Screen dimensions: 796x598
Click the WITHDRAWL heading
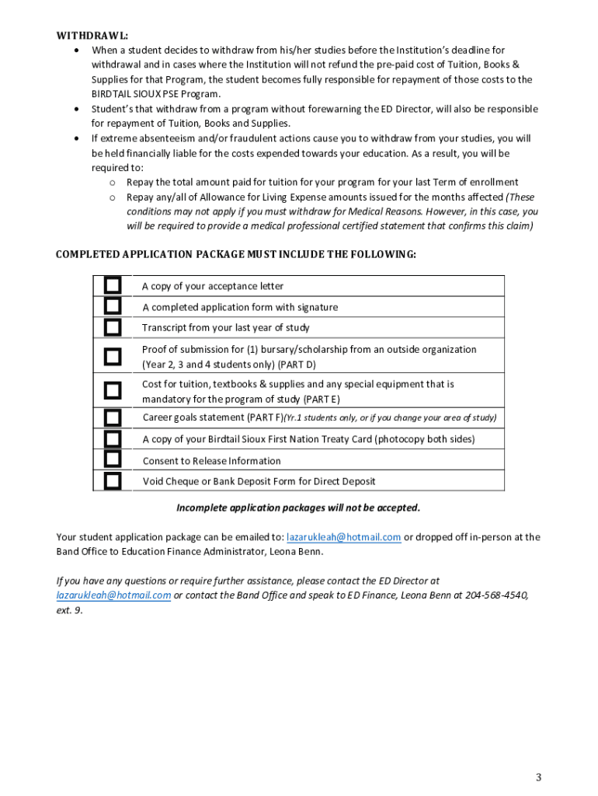point(92,36)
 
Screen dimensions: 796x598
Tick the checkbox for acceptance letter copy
point(113,285)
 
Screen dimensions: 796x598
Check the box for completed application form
point(113,306)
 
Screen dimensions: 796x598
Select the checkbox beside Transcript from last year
point(113,327)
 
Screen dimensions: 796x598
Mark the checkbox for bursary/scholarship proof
point(113,357)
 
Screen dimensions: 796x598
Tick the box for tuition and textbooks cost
point(113,391)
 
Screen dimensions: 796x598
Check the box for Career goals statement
point(113,417)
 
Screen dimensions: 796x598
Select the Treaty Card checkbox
point(113,438)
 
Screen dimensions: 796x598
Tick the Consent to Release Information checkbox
point(113,460)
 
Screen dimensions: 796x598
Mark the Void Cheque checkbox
point(113,481)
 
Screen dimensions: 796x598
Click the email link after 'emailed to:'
point(343,537)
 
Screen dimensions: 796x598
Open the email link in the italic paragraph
point(113,595)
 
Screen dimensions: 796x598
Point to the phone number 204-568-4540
point(496,595)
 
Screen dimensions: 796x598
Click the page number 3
point(537,778)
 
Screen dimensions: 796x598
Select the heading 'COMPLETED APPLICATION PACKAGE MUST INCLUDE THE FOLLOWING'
point(235,255)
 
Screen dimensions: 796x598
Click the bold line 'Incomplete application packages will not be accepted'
point(298,508)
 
